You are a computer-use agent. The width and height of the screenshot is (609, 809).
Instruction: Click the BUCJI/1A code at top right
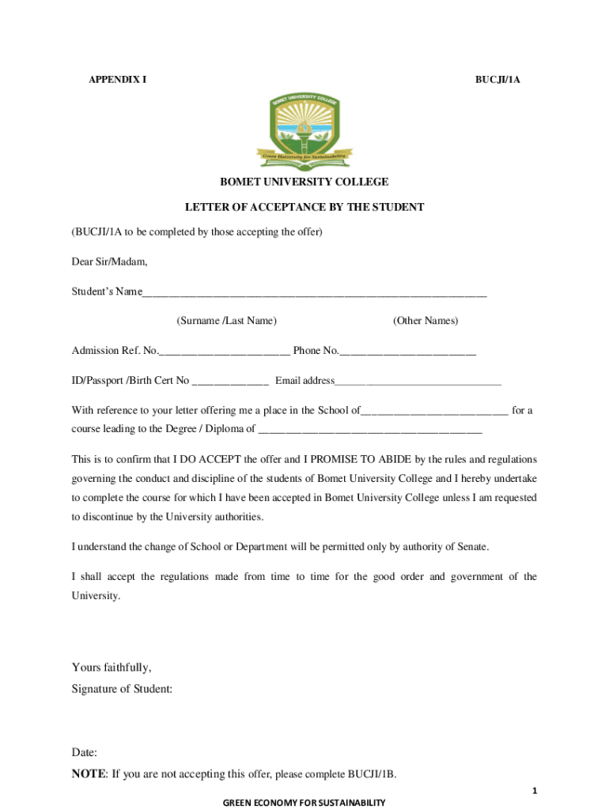coord(497,80)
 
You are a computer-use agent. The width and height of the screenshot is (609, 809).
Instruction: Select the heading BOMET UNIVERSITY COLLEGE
coord(304,182)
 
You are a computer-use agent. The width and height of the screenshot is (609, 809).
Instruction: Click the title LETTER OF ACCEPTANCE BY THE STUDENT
coord(304,207)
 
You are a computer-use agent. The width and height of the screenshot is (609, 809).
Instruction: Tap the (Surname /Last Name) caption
coord(226,321)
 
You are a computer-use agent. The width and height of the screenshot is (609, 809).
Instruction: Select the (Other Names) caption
coord(425,321)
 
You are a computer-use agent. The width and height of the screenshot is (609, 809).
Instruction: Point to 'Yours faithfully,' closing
coord(112,667)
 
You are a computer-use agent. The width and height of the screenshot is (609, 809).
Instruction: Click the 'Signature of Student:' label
coord(122,689)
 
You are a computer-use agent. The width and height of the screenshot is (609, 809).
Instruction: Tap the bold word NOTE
coord(88,774)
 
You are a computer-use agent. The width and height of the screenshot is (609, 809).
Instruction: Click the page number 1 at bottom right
coord(535,791)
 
